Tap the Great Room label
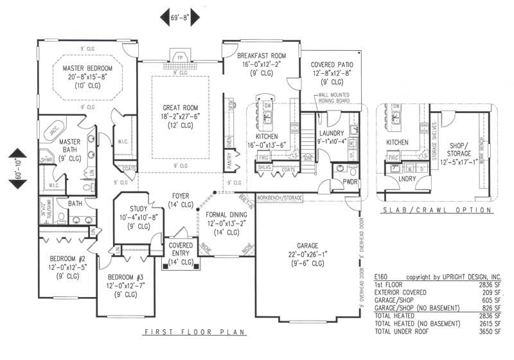[179, 107]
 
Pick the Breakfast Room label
[263, 56]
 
